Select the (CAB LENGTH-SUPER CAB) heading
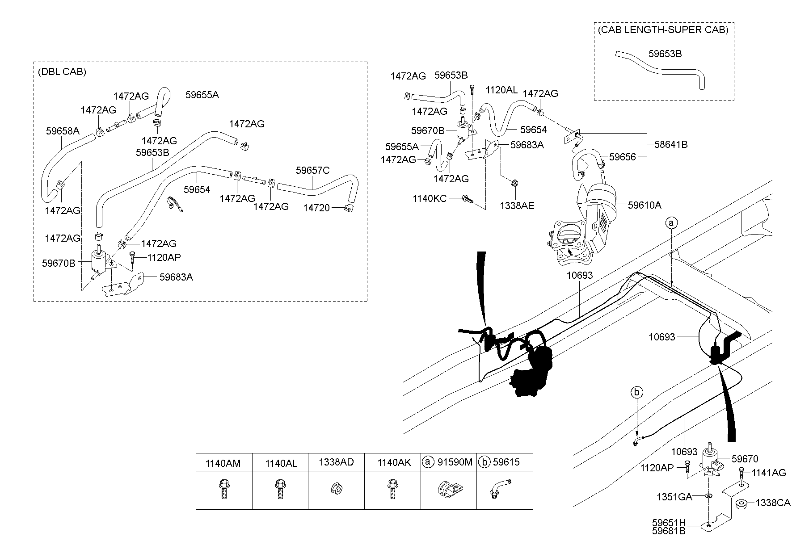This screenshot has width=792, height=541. (x=663, y=30)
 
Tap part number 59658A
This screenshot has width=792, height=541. (x=63, y=131)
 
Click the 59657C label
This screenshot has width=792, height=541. (x=312, y=170)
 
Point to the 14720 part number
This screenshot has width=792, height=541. (x=316, y=208)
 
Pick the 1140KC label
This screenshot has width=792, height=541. (x=430, y=198)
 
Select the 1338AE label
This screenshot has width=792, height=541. (x=517, y=205)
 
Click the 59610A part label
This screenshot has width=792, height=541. (x=645, y=205)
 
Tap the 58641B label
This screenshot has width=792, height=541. (x=671, y=144)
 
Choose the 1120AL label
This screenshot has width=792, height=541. (x=501, y=90)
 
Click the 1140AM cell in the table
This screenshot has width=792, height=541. (x=223, y=463)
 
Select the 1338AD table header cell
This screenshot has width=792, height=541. (x=336, y=462)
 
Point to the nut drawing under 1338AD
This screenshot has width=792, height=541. (x=336, y=489)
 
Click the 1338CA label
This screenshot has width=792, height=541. (x=773, y=503)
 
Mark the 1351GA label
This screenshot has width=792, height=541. (x=674, y=497)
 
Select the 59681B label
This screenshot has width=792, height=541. (x=669, y=531)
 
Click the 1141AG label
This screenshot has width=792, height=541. (x=768, y=472)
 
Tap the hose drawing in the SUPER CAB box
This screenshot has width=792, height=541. (x=661, y=70)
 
